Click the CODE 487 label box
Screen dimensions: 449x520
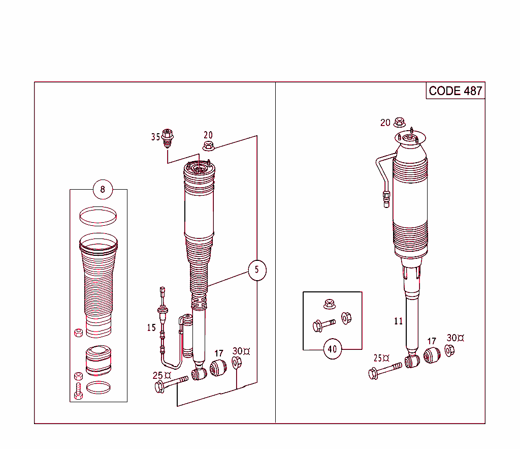[455, 91]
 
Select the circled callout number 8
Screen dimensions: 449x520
[103, 190]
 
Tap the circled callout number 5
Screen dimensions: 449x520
[257, 270]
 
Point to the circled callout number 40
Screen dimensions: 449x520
[333, 349]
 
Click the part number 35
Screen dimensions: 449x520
[155, 137]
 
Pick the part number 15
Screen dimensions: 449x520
[152, 327]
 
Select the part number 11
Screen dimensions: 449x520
[399, 321]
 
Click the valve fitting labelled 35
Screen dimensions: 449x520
[168, 137]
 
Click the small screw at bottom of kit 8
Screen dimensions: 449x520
[78, 392]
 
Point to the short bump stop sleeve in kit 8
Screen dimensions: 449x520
[98, 360]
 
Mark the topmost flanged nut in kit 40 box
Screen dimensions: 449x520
[329, 304]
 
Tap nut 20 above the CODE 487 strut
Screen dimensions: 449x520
[400, 122]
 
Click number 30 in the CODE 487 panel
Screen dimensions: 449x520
[452, 338]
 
